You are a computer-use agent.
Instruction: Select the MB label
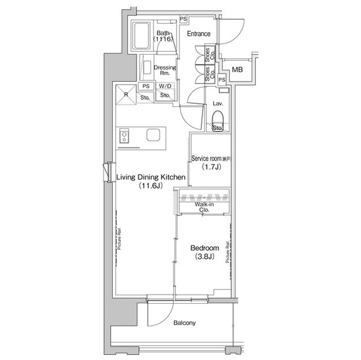(237, 70)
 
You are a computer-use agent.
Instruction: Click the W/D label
(165, 86)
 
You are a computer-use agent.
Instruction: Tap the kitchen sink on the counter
(154, 135)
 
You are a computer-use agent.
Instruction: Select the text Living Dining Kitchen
(151, 177)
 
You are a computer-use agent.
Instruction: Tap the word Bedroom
(204, 248)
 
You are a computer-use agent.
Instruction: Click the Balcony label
(184, 323)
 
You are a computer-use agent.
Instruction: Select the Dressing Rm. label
(165, 70)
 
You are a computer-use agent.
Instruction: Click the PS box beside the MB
(222, 81)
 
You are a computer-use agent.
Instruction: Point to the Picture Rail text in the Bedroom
(227, 254)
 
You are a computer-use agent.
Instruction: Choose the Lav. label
(218, 103)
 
